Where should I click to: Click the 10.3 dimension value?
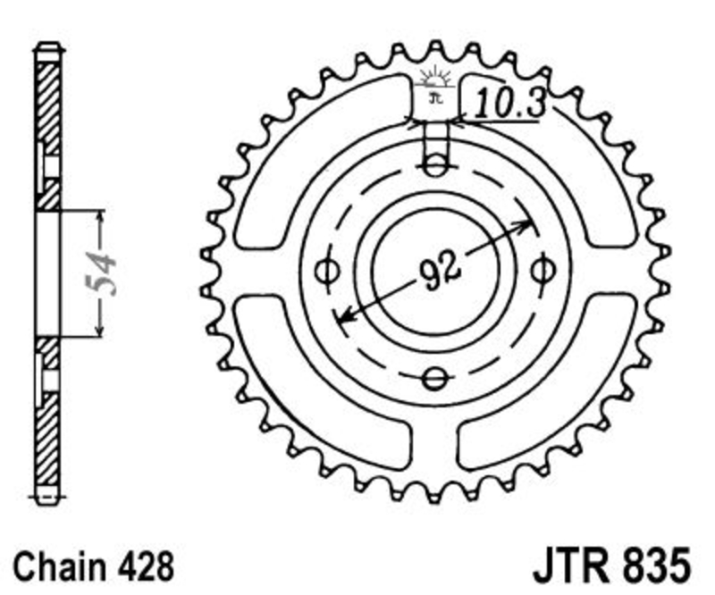click(509, 103)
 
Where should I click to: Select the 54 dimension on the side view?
click(101, 273)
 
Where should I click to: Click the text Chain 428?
click(94, 566)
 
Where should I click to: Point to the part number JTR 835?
click(612, 566)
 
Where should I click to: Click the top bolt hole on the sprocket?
click(434, 165)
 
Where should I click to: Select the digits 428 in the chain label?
click(146, 566)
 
